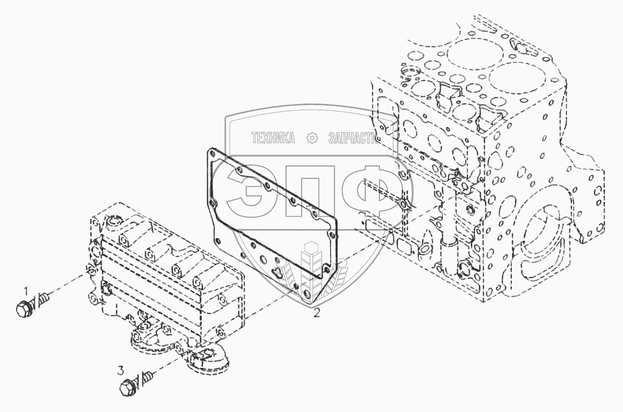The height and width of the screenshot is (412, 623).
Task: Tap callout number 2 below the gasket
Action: (317, 313)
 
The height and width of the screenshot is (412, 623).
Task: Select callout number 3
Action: (120, 371)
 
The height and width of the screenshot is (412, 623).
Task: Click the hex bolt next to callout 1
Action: (23, 309)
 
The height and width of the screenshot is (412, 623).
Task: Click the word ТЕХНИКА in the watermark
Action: (273, 138)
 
